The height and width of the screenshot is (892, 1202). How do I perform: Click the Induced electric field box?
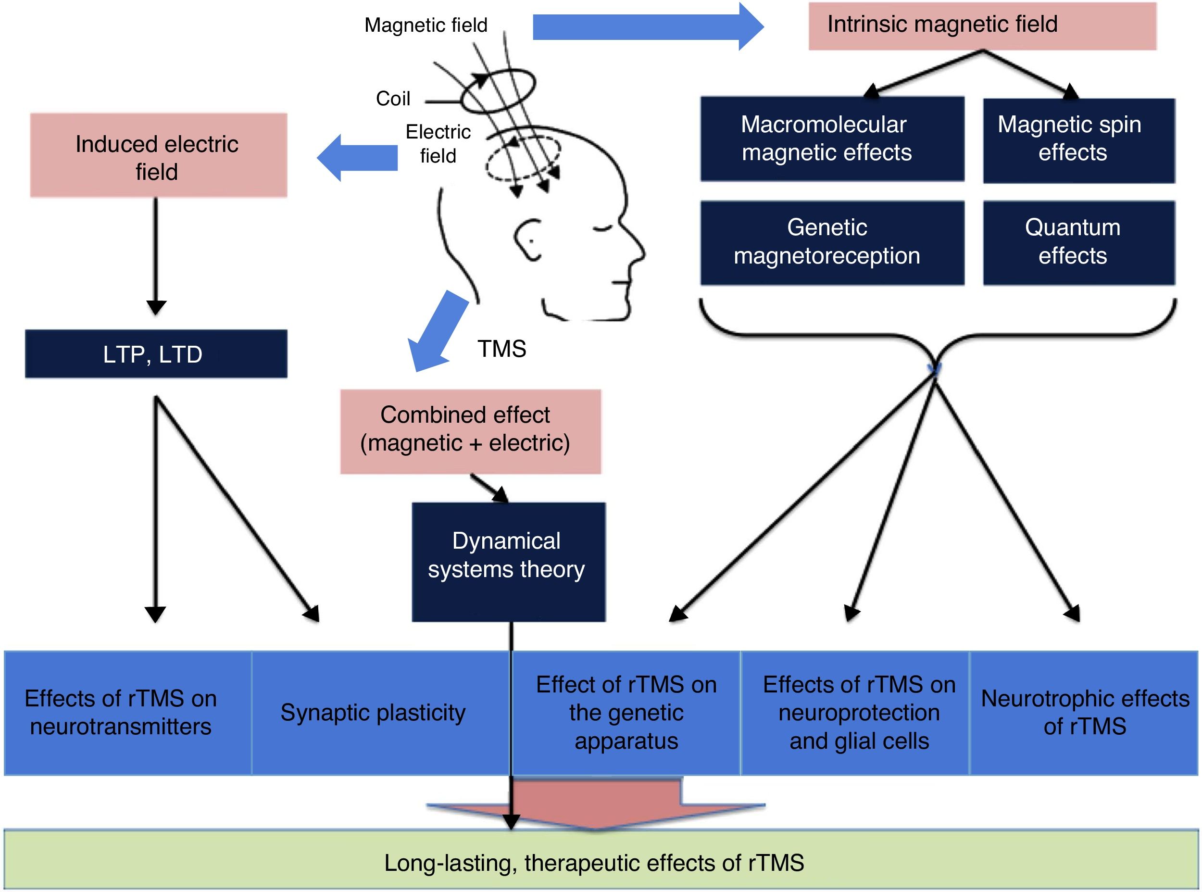[158, 155]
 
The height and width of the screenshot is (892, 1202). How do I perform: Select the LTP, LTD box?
[155, 354]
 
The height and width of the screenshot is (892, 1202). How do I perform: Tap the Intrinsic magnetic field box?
[982, 26]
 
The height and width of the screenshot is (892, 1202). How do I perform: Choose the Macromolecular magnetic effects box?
[832, 139]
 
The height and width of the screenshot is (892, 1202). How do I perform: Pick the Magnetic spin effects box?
[1078, 140]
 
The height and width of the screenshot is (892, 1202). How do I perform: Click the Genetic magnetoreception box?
[832, 242]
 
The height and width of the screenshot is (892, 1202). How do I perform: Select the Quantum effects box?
[1078, 242]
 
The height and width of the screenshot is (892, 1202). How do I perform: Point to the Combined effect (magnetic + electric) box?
[470, 431]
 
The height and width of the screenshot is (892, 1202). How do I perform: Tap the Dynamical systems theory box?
[508, 562]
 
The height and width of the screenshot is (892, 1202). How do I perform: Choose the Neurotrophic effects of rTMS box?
[1084, 713]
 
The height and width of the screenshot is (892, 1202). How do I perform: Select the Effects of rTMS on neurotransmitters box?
[127, 713]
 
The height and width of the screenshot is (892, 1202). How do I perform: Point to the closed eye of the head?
[600, 229]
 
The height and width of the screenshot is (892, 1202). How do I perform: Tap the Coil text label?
[393, 99]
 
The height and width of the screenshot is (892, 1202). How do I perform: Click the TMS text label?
[501, 349]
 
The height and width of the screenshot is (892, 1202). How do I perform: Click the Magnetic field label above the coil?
[426, 25]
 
